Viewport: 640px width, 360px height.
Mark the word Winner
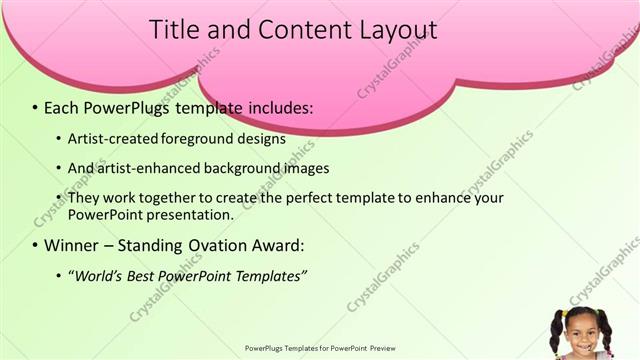tap(71, 245)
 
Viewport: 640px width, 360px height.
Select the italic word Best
tap(147, 275)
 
